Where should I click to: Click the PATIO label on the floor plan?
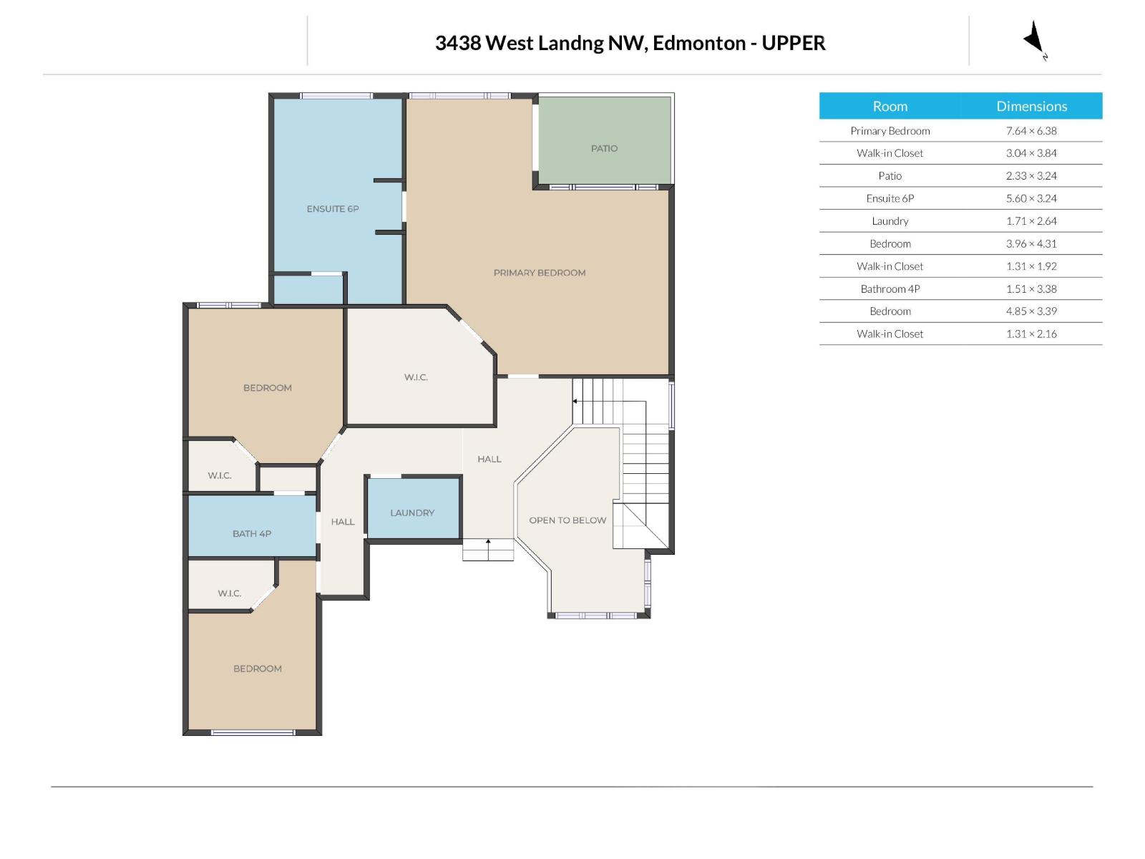pyautogui.click(x=604, y=148)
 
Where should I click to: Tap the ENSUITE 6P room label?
pyautogui.click(x=333, y=209)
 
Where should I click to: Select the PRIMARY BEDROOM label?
pyautogui.click(x=540, y=273)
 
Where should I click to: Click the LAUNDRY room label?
pyautogui.click(x=412, y=513)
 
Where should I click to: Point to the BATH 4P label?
pyautogui.click(x=252, y=533)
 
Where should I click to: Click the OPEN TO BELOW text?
pyautogui.click(x=567, y=520)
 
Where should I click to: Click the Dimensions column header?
pyautogui.click(x=1031, y=106)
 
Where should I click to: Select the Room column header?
pyautogui.click(x=890, y=106)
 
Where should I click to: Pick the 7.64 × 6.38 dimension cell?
pyautogui.click(x=1031, y=130)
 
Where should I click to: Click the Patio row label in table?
pyautogui.click(x=890, y=175)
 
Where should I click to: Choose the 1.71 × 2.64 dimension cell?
pyautogui.click(x=1031, y=221)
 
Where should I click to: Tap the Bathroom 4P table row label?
pyautogui.click(x=890, y=288)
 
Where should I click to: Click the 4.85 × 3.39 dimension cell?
pyautogui.click(x=1031, y=311)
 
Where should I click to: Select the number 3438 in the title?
pyautogui.click(x=458, y=43)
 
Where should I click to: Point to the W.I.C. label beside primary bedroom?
pyautogui.click(x=416, y=377)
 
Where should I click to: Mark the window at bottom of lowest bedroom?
pyautogui.click(x=253, y=732)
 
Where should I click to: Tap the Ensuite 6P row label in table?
pyautogui.click(x=890, y=198)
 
